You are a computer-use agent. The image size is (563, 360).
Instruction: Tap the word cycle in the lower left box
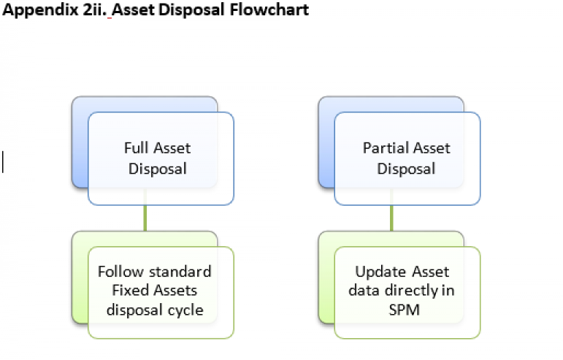tap(185, 310)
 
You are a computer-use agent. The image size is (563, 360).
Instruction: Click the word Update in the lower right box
tap(380, 272)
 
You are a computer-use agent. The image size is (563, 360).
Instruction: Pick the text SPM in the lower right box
tap(406, 310)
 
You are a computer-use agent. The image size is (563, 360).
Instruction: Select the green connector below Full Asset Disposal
tap(145, 218)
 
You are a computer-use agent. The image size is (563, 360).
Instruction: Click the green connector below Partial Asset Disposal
tap(392, 218)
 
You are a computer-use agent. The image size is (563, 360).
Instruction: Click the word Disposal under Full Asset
tap(158, 169)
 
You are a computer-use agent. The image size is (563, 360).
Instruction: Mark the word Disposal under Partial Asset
tap(406, 169)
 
